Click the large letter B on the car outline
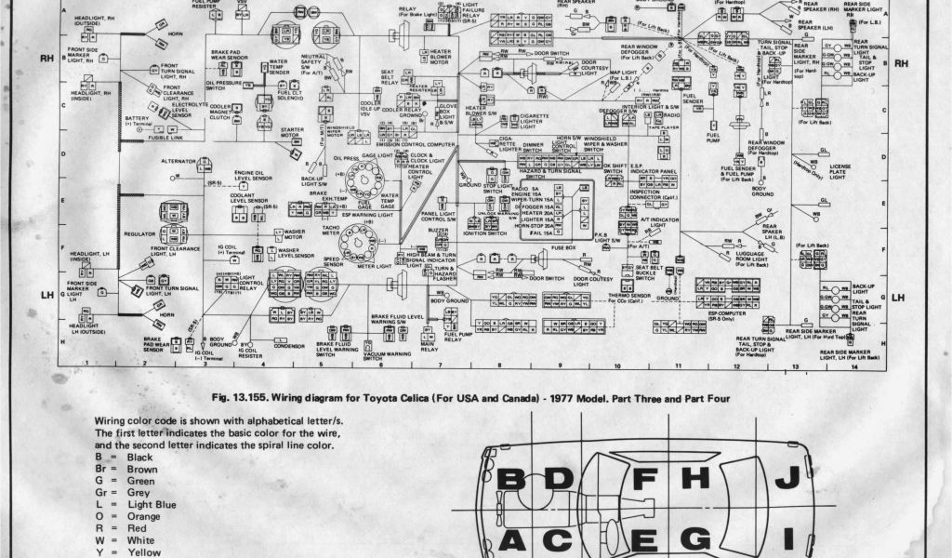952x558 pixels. pyautogui.click(x=510, y=480)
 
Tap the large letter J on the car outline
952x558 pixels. pyautogui.click(x=787, y=478)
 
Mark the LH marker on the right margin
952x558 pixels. pyautogui.click(x=898, y=298)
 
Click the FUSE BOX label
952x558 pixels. pyautogui.click(x=564, y=247)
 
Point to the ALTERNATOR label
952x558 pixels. pyautogui.click(x=178, y=161)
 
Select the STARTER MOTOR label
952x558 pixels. pyautogui.click(x=293, y=133)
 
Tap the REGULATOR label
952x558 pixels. pyautogui.click(x=139, y=234)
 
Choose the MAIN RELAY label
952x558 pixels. pyautogui.click(x=430, y=347)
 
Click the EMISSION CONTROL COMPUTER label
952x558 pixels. pyautogui.click(x=415, y=145)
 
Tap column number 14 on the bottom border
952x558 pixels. pyautogui.click(x=853, y=368)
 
